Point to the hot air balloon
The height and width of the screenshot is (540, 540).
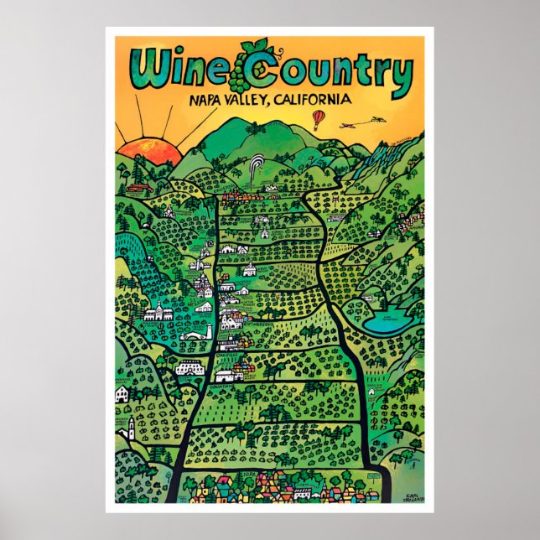click(x=319, y=119)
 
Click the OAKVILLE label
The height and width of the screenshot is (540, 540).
click(x=228, y=355)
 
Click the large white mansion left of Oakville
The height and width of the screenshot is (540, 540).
click(x=190, y=367)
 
